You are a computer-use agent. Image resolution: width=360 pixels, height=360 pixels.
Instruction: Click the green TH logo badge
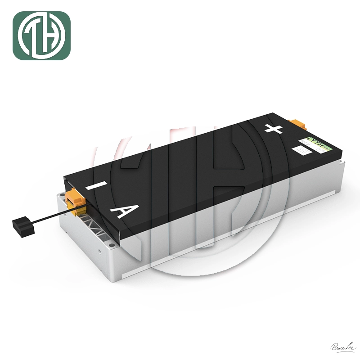pos(41,36)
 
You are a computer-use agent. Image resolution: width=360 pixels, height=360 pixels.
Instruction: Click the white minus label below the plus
pos(298,149)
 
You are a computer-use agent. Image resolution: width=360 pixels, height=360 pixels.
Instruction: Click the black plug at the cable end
pos(23,225)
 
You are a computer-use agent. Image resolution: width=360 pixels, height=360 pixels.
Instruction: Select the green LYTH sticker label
pos(317,145)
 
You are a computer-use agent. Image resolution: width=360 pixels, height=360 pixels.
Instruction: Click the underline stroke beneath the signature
pos(341,351)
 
